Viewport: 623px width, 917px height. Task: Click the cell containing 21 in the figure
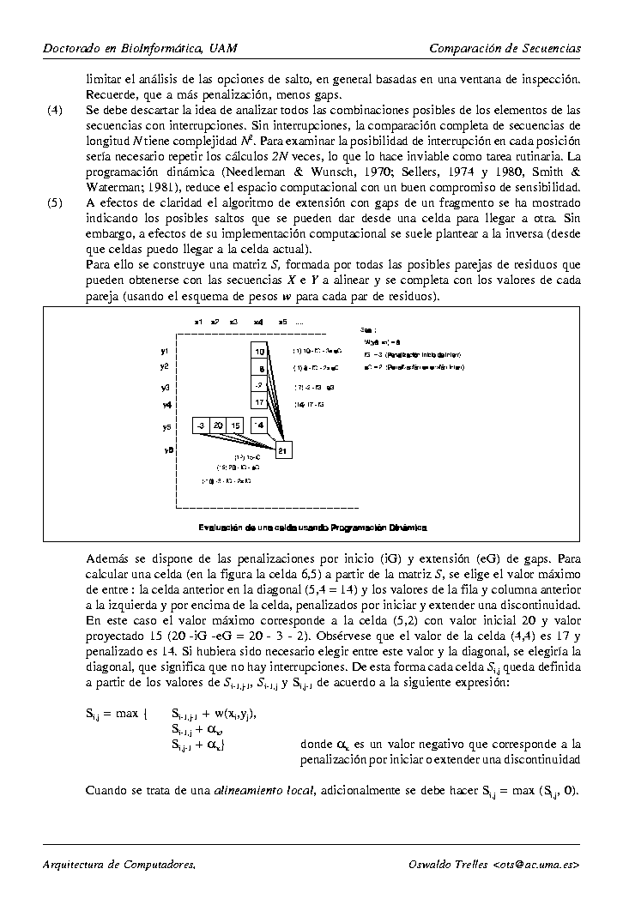click(284, 449)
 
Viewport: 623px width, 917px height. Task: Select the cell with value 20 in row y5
click(218, 425)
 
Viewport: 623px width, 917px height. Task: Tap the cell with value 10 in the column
click(260, 351)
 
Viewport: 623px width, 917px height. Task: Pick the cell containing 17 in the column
click(260, 402)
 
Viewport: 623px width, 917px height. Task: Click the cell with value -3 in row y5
click(199, 425)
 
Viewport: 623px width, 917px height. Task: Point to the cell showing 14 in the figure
click(260, 425)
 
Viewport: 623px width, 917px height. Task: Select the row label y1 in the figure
click(164, 351)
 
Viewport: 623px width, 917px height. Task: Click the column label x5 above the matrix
click(282, 321)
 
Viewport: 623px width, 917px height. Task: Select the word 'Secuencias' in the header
click(549, 48)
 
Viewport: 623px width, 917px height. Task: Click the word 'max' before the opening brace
click(126, 714)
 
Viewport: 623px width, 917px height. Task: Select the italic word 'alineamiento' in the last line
click(251, 790)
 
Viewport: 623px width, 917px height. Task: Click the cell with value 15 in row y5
click(236, 425)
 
